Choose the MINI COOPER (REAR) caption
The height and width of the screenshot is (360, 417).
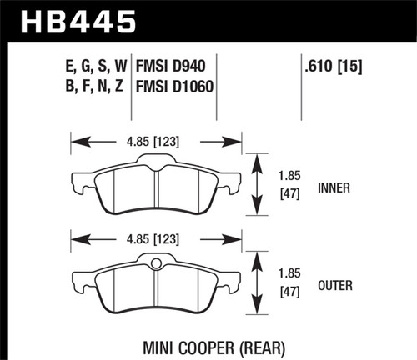tap(206, 342)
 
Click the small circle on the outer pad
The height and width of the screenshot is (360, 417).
tap(155, 266)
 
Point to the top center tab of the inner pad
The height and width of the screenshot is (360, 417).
tap(155, 158)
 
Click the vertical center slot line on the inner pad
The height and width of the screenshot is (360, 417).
tap(155, 188)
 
